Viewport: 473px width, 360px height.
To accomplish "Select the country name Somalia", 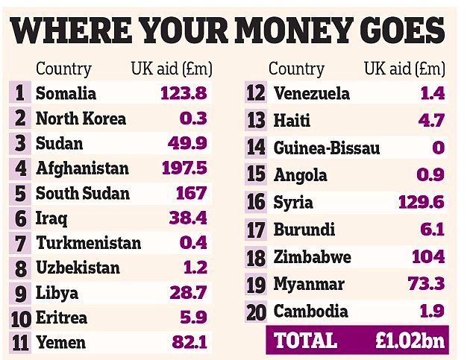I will [x=66, y=94].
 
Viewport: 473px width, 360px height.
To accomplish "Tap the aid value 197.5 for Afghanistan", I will [x=184, y=168].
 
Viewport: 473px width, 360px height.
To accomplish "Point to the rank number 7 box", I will [x=20, y=243].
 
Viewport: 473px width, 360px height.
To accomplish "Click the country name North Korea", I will [x=81, y=119].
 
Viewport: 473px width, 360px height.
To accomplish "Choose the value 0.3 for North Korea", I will [x=193, y=119].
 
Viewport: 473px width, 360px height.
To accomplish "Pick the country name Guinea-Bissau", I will [x=327, y=148].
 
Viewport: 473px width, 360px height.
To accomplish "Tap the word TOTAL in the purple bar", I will [x=304, y=340].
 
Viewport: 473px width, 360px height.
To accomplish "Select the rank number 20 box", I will [x=257, y=312].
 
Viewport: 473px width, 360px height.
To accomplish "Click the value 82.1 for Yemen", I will [x=189, y=342].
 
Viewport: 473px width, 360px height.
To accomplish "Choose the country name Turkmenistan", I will [x=88, y=243].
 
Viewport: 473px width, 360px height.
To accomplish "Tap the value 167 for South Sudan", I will [x=191, y=193].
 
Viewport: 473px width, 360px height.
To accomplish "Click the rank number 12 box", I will [x=257, y=94].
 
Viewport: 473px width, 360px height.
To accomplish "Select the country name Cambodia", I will [x=310, y=312].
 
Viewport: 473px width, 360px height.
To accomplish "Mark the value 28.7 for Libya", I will [x=188, y=292].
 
